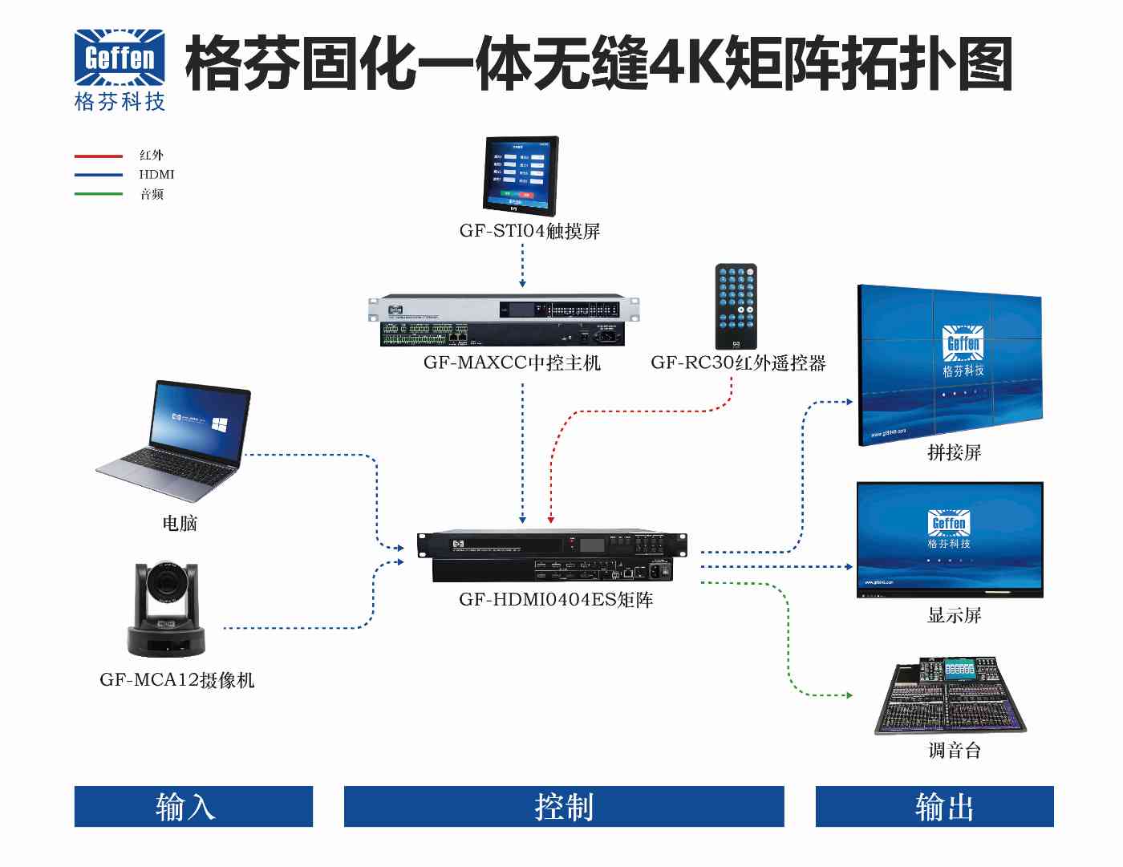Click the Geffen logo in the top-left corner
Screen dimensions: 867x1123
(120, 69)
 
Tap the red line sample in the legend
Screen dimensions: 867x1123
(98, 156)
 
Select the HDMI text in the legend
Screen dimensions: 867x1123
(156, 175)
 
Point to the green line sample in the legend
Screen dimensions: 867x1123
(98, 194)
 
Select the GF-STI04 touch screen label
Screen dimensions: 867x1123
(529, 232)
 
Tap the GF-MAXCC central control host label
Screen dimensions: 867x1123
(512, 363)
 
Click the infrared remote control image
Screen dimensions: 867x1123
(736, 306)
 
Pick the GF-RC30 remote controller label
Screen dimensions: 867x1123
(738, 363)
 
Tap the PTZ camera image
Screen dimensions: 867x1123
(167, 610)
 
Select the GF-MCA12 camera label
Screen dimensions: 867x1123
(176, 680)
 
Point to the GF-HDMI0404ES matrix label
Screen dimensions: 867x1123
(556, 600)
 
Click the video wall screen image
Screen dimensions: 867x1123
(950, 365)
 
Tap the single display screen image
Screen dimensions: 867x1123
(950, 540)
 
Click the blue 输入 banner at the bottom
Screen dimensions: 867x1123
(193, 807)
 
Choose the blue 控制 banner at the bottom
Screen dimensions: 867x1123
(564, 807)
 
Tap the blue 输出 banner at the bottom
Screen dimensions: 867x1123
(934, 807)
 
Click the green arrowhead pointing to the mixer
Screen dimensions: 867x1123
(849, 695)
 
